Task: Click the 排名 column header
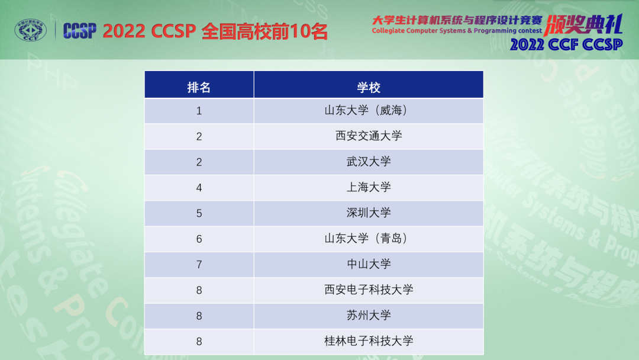click(x=199, y=87)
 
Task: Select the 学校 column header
click(x=369, y=87)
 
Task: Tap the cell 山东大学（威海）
click(x=369, y=111)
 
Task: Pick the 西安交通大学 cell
click(x=369, y=136)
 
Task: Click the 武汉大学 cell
click(x=369, y=162)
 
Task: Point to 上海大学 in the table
click(x=369, y=187)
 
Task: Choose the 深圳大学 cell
click(x=369, y=213)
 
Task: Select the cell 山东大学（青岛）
click(x=369, y=239)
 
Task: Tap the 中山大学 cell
click(x=369, y=264)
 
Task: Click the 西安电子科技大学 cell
click(x=369, y=290)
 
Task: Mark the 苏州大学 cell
click(x=369, y=315)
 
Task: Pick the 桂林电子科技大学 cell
click(x=369, y=341)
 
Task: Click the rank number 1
click(x=199, y=111)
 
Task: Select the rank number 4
click(x=199, y=188)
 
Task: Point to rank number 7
click(x=199, y=265)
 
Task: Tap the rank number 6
click(x=199, y=239)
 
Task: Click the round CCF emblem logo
click(x=31, y=30)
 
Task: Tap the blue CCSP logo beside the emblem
click(x=80, y=31)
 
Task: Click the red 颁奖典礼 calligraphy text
click(x=583, y=25)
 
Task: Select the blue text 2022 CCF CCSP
click(x=566, y=44)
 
